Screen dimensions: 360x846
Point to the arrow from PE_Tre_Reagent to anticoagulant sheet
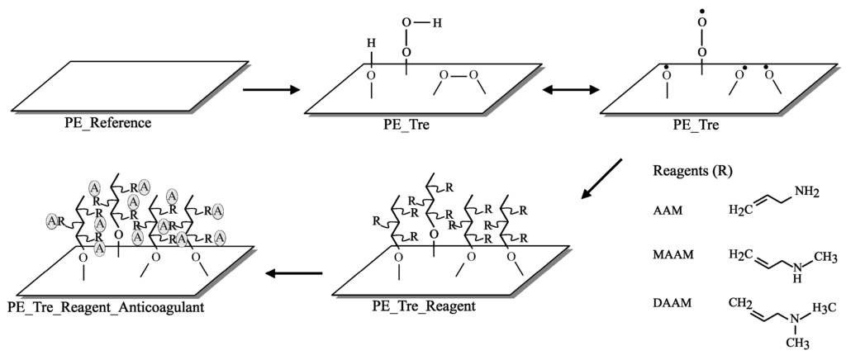click(293, 272)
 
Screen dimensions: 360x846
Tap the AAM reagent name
click(667, 212)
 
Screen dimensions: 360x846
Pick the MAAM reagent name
click(672, 255)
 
